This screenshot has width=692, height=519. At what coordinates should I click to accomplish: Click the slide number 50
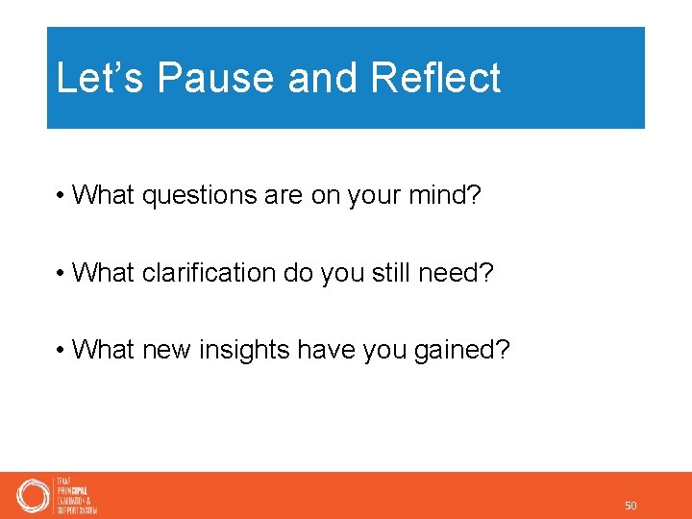(x=630, y=506)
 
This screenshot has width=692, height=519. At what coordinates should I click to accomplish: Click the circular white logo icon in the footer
(x=33, y=496)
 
